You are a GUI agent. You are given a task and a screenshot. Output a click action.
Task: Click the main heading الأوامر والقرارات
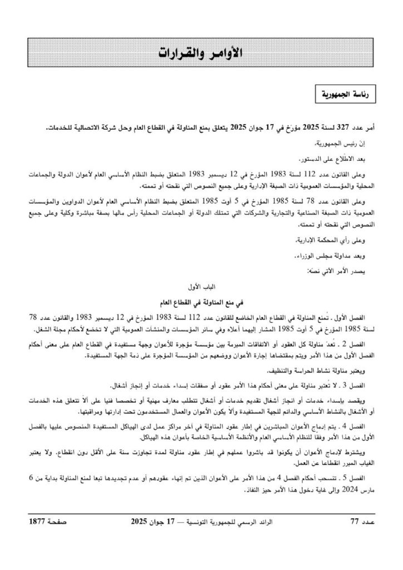[x=201, y=53]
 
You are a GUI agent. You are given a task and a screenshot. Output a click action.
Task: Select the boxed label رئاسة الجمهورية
[x=345, y=95]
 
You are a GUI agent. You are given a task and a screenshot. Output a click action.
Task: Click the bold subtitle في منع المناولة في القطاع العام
[x=201, y=302]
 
